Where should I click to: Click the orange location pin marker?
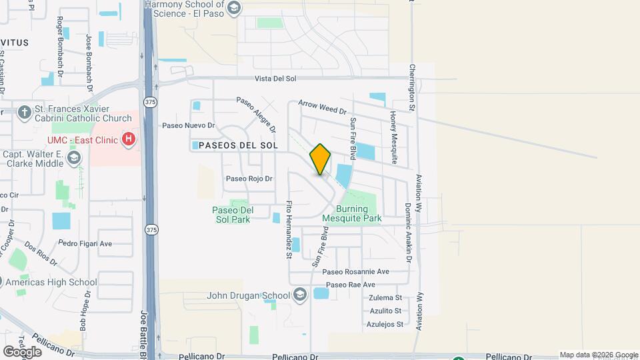[x=321, y=159]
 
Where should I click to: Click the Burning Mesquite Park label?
[x=351, y=213]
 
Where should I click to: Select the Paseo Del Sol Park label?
[x=231, y=214]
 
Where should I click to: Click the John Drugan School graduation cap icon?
[x=300, y=295]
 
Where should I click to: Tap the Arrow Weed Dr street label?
[x=323, y=105]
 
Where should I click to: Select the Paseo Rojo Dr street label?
[x=249, y=179]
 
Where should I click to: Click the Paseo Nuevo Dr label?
[x=189, y=125]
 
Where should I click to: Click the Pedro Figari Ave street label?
[x=85, y=243]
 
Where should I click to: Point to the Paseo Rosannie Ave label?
[x=355, y=272]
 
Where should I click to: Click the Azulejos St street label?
[x=385, y=325]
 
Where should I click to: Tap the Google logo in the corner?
[x=22, y=351]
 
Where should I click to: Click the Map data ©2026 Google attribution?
[x=599, y=355]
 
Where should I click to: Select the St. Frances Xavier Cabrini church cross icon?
[x=24, y=112]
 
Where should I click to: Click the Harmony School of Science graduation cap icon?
[x=233, y=7]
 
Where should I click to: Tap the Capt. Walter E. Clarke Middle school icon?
[x=73, y=159]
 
